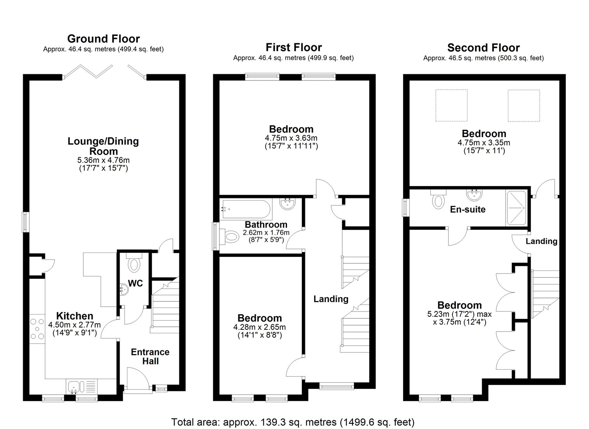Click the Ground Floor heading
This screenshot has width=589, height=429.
coord(103,39)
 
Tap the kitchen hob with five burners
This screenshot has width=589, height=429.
coord(38,329)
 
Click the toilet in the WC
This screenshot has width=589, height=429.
coord(134,263)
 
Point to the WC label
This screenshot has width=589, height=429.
coord(135,284)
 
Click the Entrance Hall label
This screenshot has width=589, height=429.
coord(150,356)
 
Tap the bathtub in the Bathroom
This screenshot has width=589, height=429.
coord(246,209)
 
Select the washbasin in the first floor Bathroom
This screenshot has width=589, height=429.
coord(288,204)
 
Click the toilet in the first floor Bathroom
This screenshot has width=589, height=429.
coord(229,236)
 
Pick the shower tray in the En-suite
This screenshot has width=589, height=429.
coord(516,208)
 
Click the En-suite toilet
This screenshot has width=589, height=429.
coord(438,199)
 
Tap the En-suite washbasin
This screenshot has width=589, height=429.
coord(475,195)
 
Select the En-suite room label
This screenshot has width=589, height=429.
coord(468,210)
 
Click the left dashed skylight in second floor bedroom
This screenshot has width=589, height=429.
coord(452,106)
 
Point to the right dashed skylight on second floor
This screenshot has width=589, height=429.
coord(524,106)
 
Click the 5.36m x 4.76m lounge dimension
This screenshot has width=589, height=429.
coord(103,160)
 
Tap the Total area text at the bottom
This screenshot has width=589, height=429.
coord(293,422)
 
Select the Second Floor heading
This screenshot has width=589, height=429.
coord(483,48)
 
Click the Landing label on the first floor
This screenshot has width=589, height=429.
coord(331,299)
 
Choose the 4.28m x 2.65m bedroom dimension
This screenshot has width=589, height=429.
coord(260,327)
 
